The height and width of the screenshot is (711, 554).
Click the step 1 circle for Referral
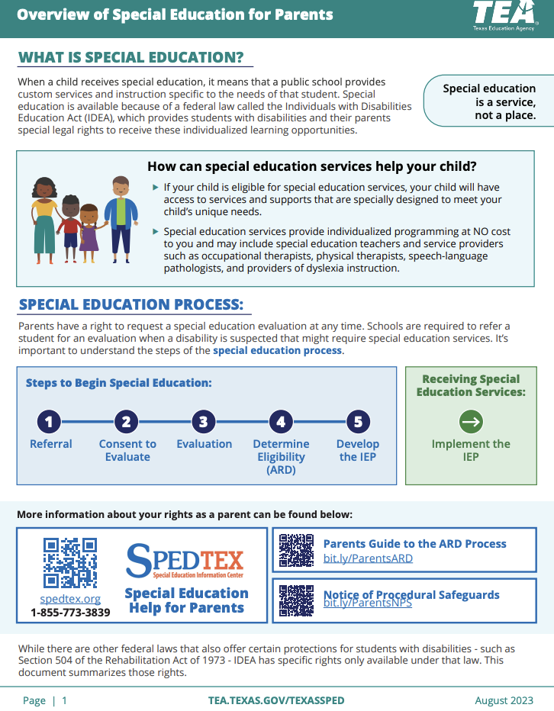click(50, 421)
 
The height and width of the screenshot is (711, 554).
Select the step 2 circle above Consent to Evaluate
click(127, 421)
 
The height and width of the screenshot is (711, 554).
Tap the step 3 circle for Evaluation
click(204, 421)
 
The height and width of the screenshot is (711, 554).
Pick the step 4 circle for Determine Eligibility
click(281, 421)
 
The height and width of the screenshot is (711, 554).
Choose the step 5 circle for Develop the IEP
click(358, 421)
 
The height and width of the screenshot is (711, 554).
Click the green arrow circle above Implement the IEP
click(471, 421)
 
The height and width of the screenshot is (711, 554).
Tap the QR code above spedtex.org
click(70, 563)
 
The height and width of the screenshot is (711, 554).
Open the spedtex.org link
click(70, 599)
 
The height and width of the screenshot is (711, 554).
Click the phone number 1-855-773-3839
click(70, 612)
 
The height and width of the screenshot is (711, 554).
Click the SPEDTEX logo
click(186, 562)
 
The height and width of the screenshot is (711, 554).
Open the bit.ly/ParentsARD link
click(368, 558)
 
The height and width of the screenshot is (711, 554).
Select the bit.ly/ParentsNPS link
click(368, 603)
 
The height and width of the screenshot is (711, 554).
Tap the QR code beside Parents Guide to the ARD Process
click(296, 550)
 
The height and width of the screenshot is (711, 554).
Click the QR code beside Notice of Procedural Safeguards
click(296, 600)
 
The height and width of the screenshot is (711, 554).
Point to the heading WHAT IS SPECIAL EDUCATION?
click(130, 58)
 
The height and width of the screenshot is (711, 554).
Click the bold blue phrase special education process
click(277, 351)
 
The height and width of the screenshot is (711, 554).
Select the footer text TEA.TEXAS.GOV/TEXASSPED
click(276, 700)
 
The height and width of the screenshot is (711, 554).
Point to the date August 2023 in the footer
click(504, 700)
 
